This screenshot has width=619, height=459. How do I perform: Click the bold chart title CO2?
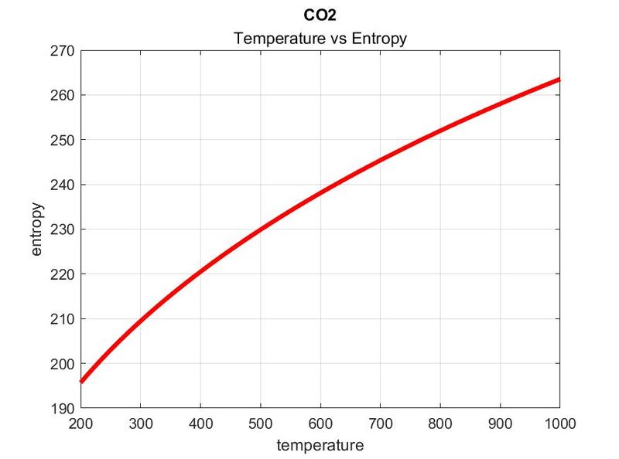(x=320, y=15)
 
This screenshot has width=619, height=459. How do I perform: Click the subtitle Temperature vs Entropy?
(x=320, y=38)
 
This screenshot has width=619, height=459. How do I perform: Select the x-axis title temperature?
(x=320, y=445)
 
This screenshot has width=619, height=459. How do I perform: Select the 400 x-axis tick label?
(x=200, y=423)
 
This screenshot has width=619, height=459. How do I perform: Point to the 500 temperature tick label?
(x=260, y=423)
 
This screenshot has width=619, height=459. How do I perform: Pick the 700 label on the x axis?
(x=380, y=423)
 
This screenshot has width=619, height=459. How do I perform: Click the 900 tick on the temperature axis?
(x=500, y=423)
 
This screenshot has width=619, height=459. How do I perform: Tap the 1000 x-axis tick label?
(x=557, y=423)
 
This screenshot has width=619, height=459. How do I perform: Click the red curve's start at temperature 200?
(x=80, y=381)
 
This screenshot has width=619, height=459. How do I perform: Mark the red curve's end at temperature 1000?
(x=559, y=80)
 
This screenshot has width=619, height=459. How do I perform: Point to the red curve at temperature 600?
(x=320, y=193)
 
